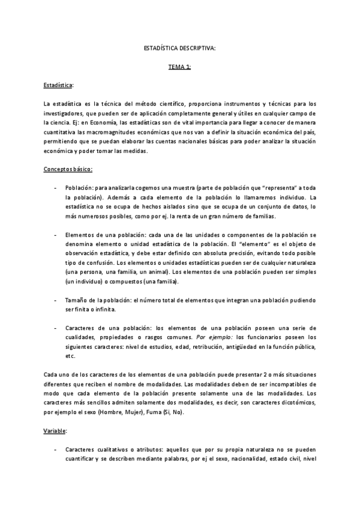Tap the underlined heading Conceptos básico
point(68,170)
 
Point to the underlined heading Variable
point(56,432)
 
